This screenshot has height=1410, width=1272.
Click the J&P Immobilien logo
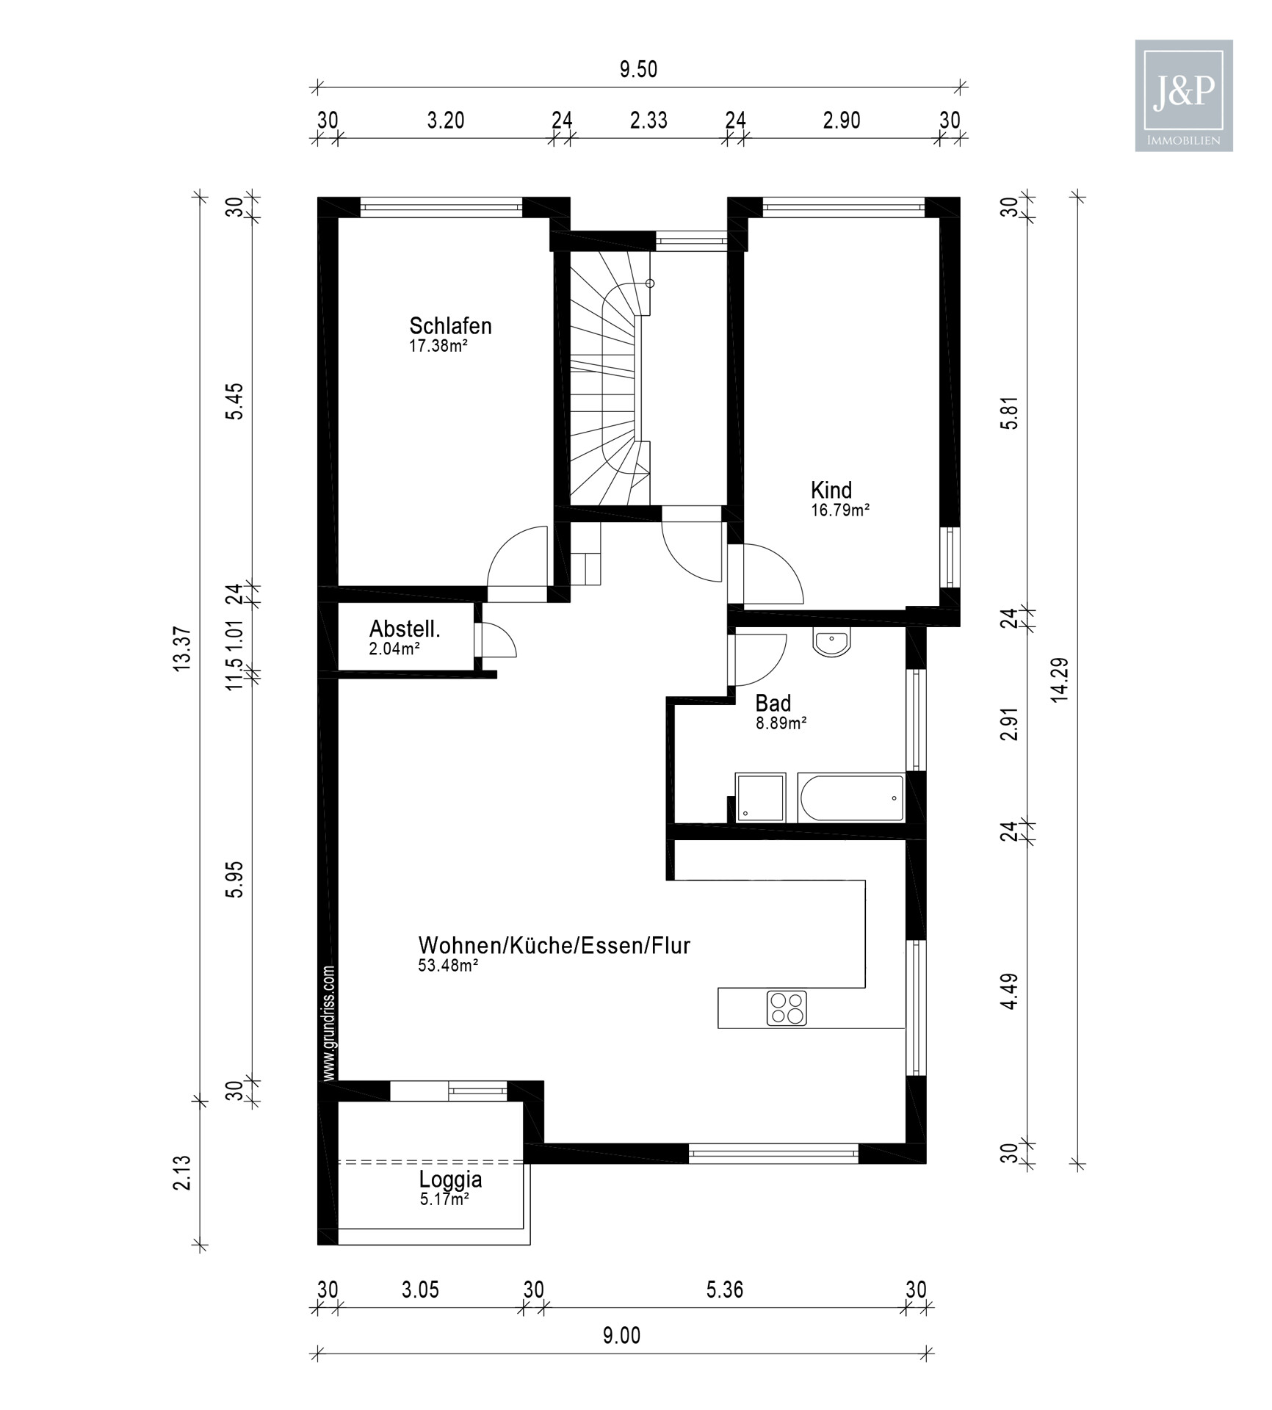(1183, 95)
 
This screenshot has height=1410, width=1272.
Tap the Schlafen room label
(450, 326)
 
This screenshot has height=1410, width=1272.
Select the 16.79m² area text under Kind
(840, 510)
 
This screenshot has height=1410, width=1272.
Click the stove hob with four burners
(787, 1008)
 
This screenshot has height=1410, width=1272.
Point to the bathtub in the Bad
(850, 798)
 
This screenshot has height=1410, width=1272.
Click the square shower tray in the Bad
(760, 797)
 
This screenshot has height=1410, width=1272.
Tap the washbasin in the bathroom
(831, 643)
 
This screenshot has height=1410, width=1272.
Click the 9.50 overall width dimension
(638, 70)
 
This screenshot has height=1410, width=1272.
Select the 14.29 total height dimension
(1059, 680)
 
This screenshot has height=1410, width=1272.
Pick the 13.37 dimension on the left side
(181, 648)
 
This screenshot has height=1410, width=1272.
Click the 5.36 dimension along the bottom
(724, 1290)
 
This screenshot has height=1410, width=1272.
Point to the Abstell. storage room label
(405, 629)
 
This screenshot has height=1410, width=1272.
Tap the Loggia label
(450, 1180)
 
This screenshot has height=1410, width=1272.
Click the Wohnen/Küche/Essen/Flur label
(554, 945)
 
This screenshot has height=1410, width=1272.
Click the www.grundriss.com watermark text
(329, 1023)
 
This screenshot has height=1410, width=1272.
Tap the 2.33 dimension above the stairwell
(648, 120)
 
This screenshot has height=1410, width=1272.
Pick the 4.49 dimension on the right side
(1010, 991)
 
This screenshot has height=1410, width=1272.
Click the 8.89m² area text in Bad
(781, 723)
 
